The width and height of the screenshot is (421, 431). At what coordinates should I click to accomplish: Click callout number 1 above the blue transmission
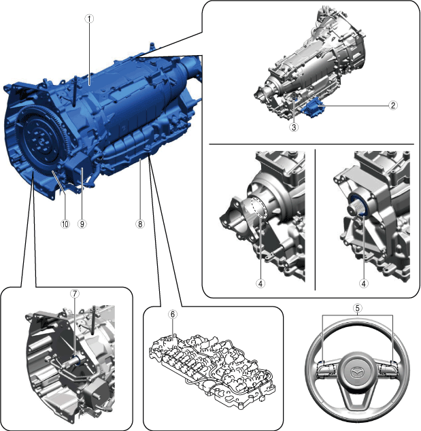tap(89, 18)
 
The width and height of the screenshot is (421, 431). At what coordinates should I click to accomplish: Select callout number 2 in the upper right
tap(393, 105)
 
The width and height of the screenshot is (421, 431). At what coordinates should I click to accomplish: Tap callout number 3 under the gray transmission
tap(294, 127)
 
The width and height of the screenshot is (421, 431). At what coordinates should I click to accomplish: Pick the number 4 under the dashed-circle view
tap(260, 283)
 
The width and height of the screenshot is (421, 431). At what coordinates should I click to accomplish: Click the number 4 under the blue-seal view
tap(364, 283)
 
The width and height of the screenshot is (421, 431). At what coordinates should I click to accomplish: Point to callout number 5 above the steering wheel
tap(358, 308)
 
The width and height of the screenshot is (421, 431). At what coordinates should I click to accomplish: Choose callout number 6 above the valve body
tap(173, 314)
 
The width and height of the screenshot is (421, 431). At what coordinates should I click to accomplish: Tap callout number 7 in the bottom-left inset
tap(75, 294)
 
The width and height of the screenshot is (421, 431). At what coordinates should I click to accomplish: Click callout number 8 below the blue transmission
tap(140, 224)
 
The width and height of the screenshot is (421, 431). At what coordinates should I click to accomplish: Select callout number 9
tap(82, 224)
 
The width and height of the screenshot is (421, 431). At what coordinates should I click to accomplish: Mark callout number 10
tap(65, 224)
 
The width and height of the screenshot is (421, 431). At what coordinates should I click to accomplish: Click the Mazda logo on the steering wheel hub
tap(357, 372)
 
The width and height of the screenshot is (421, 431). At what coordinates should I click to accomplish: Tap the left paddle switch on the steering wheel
tap(326, 369)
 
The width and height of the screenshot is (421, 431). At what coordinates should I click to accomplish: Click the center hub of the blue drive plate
tap(41, 141)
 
